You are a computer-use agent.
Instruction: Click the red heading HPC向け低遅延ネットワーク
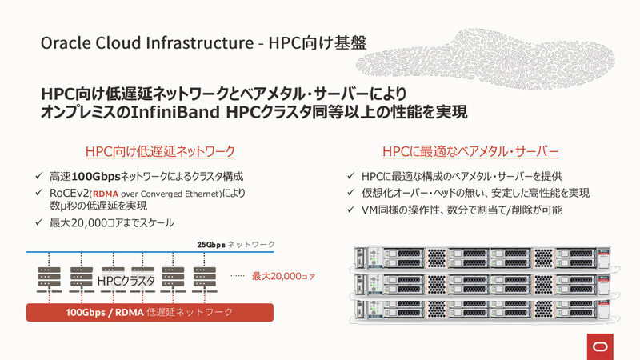[160, 151]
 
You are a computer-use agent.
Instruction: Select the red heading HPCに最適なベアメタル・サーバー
[470, 151]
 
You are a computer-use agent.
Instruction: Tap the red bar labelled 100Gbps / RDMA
[150, 312]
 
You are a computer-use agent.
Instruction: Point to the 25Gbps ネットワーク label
[236, 244]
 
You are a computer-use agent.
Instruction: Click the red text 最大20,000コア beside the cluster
[283, 276]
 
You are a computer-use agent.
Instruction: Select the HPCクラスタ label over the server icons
[126, 281]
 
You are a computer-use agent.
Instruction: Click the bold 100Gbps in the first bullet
[96, 176]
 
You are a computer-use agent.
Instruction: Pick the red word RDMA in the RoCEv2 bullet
[106, 194]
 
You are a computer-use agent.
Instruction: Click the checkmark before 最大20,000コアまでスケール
[39, 223]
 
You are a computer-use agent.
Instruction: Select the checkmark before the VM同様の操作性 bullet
[351, 210]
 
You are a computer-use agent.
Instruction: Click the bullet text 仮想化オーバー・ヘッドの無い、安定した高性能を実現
[475, 193]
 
